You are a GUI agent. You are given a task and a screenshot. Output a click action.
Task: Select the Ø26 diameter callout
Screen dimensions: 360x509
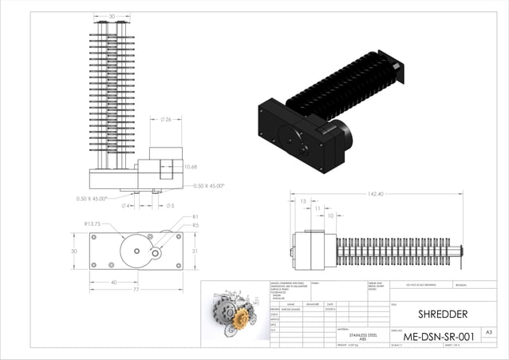[167, 121]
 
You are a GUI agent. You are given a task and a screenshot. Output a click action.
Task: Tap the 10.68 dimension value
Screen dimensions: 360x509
[191, 167]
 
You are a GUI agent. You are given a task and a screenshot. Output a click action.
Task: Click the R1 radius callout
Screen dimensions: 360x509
[195, 217]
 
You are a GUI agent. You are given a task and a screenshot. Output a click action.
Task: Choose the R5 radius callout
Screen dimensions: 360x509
[195, 225]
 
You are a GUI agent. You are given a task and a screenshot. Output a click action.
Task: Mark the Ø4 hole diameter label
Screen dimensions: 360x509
[125, 205]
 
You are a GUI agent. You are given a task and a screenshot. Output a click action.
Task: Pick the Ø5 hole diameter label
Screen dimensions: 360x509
[170, 205]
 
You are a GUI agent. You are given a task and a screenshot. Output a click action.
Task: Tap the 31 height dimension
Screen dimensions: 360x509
[195, 251]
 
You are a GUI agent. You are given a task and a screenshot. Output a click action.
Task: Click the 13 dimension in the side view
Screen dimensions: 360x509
[304, 201]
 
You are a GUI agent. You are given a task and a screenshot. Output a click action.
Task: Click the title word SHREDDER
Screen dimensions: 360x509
[443, 314]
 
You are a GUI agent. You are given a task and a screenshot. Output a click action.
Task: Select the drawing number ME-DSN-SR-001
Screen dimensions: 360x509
[438, 337]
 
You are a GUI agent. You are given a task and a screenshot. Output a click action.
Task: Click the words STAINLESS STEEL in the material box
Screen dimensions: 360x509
[361, 334]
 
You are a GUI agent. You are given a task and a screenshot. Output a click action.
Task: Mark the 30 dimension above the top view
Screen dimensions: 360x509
[112, 16]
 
